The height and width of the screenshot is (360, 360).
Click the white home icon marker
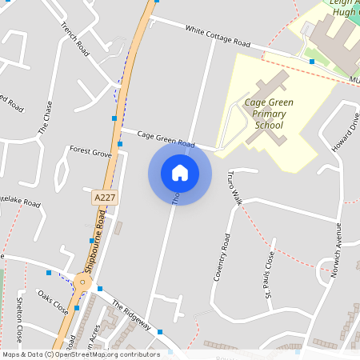(x=179, y=172)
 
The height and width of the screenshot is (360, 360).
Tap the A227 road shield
(x=104, y=197)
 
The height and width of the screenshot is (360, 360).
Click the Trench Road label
(x=74, y=38)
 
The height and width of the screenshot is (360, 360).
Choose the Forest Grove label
(x=90, y=150)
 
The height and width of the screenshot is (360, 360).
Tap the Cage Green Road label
(x=166, y=138)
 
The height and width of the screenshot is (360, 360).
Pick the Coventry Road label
(x=222, y=258)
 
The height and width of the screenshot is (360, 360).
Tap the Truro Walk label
(x=234, y=187)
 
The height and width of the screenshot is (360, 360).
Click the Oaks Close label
(x=54, y=302)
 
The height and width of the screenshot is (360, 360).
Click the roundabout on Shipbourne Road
(x=82, y=282)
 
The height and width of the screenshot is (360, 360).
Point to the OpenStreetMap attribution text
(x=81, y=354)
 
